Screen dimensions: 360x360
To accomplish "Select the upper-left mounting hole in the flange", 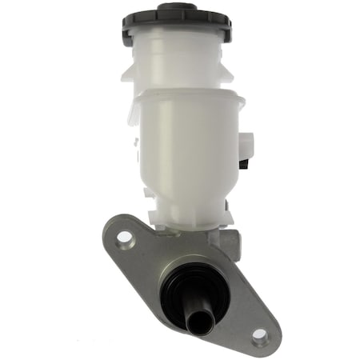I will [123, 238].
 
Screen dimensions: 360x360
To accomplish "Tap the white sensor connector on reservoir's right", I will [246, 146].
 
